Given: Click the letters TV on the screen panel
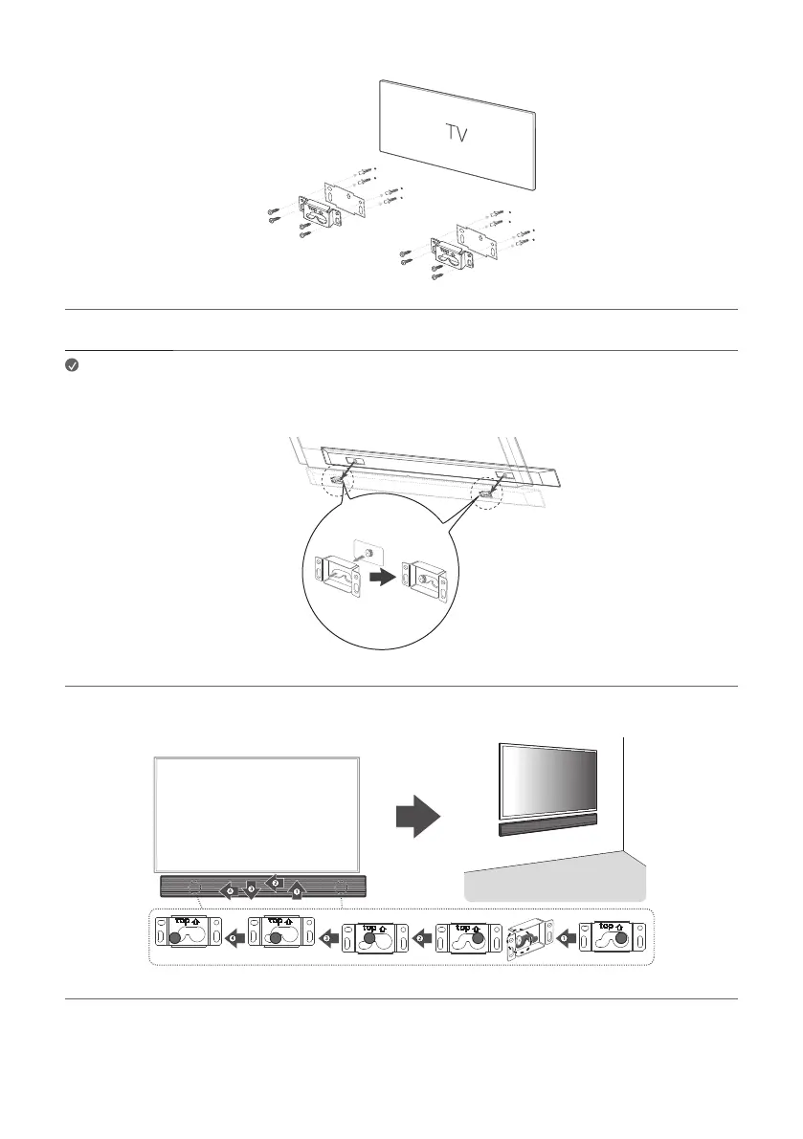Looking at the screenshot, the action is pyautogui.click(x=457, y=133).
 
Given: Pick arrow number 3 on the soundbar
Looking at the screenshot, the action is pyautogui.click(x=251, y=888).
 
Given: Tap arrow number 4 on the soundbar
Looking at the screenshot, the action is pyautogui.click(x=230, y=891).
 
